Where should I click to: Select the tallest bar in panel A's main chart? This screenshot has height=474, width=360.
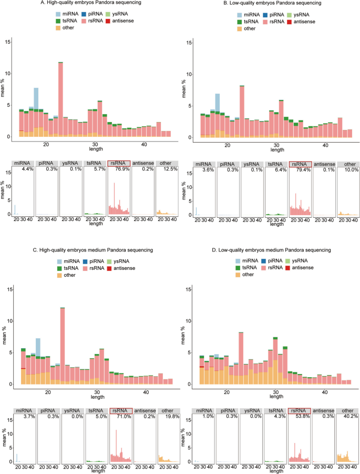[60, 99]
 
